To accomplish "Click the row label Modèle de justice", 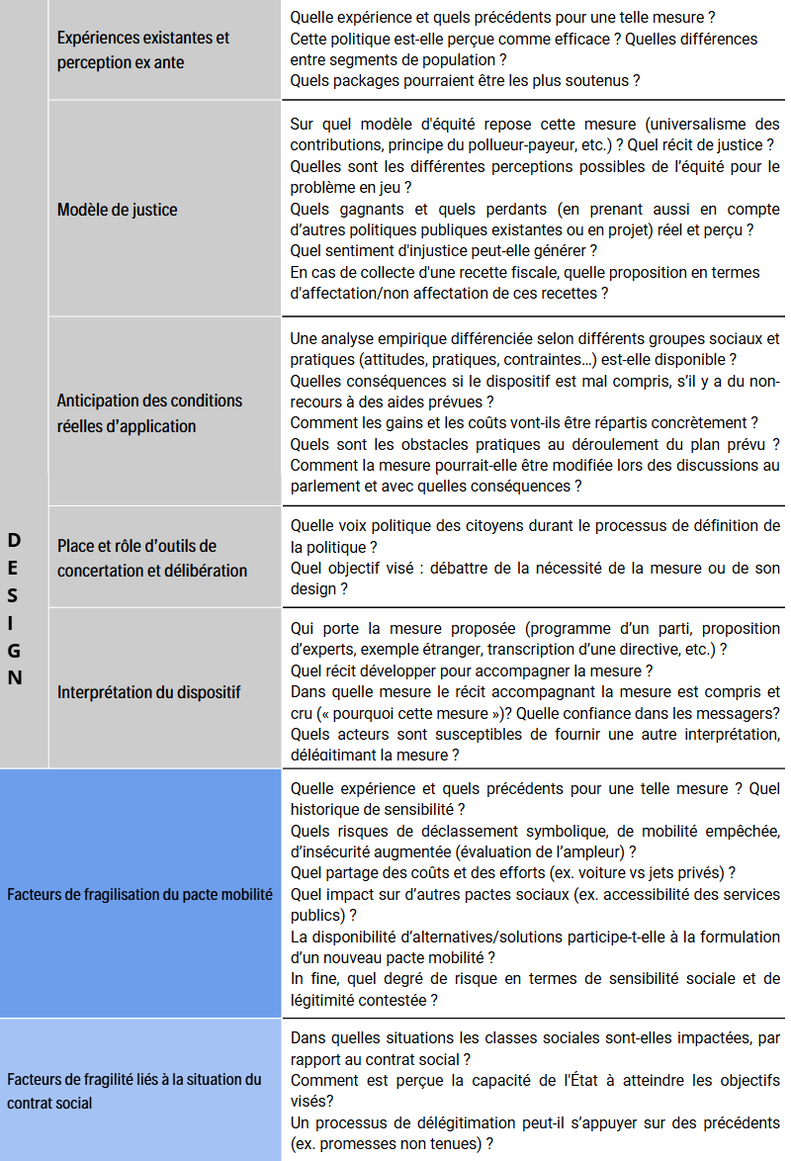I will point(118,210).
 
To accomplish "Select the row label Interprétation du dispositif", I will point(148,691).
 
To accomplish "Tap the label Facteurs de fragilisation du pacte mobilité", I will point(139,894).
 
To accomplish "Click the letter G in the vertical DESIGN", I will point(14,651).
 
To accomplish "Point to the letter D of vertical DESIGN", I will point(14,539).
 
